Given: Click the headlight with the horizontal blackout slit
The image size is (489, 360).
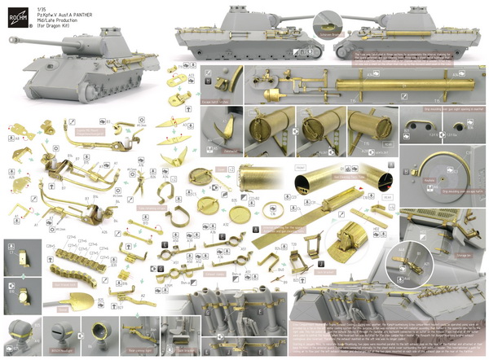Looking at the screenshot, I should [57, 331].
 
